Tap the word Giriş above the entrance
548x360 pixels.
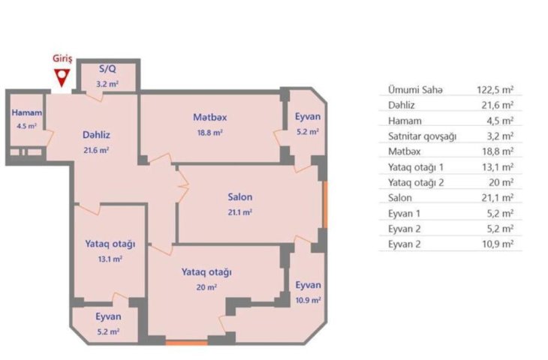[62, 58]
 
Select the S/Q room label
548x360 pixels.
[107, 69]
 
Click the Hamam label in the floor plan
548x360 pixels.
[27, 112]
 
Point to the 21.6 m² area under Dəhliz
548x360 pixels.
[96, 150]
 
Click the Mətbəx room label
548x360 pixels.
[209, 117]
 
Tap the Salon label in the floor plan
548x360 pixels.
[239, 197]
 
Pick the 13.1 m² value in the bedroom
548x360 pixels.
[110, 259]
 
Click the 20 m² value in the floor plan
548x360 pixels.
[206, 287]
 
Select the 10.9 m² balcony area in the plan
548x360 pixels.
[308, 300]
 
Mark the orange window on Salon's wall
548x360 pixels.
[325, 205]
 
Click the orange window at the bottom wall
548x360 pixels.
[187, 343]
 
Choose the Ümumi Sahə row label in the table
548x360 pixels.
[415, 90]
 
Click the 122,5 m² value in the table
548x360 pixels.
[495, 90]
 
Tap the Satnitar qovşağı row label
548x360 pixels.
[422, 136]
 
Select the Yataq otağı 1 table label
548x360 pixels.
[416, 167]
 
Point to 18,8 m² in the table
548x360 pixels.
[498, 151]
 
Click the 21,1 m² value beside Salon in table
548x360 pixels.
[497, 198]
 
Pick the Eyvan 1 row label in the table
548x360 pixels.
[404, 213]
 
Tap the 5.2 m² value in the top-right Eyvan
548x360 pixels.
[308, 132]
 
